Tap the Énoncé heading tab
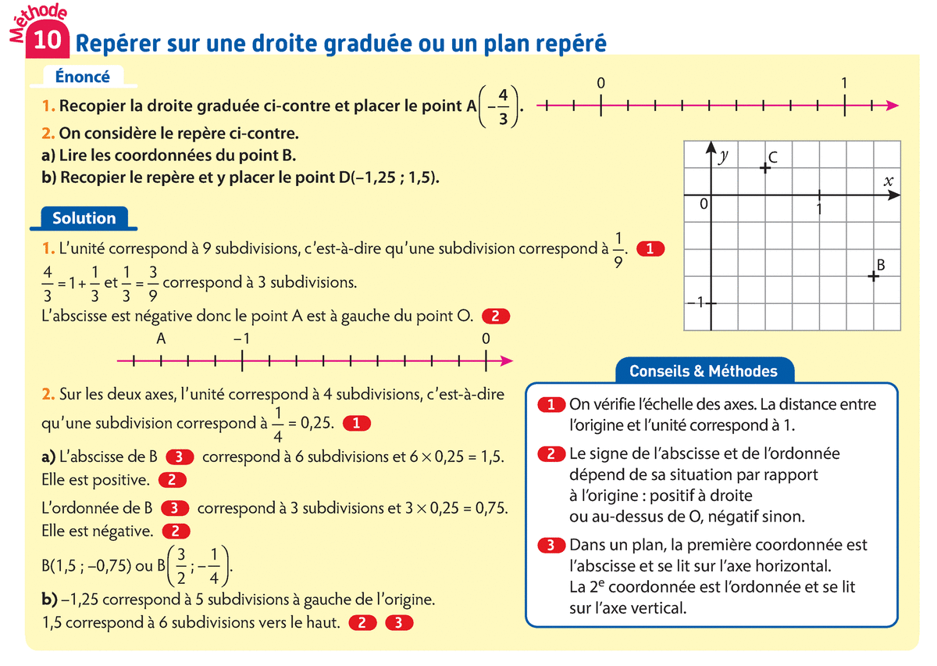[x=83, y=77]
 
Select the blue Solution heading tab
[x=84, y=218]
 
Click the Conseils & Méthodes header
[x=704, y=371]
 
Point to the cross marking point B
[x=873, y=275]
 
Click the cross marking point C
[x=765, y=167]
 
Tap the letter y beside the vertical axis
[x=724, y=156]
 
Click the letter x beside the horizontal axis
[x=888, y=181]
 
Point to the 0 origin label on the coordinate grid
[x=703, y=204]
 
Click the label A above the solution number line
[x=161, y=339]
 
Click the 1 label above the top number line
[x=845, y=83]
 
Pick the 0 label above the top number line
[x=599, y=83]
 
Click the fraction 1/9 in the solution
[x=619, y=250]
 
